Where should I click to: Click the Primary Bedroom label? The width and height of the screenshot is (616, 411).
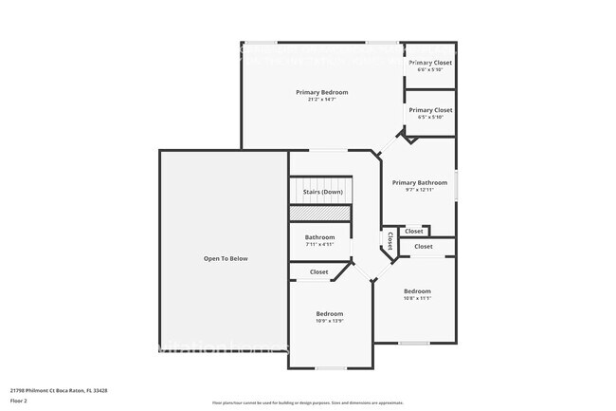pyautogui.click(x=321, y=92)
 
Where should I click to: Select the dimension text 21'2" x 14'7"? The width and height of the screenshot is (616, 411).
pyautogui.click(x=321, y=100)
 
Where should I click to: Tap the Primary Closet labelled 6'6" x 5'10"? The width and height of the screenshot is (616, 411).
pyautogui.click(x=430, y=63)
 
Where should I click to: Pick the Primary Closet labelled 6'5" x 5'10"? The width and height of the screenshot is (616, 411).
pyautogui.click(x=430, y=110)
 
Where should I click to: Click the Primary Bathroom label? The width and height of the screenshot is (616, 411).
pyautogui.click(x=419, y=182)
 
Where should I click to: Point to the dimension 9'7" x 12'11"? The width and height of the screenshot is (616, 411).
pyautogui.click(x=419, y=190)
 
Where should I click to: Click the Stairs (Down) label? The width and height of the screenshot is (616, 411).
pyautogui.click(x=322, y=193)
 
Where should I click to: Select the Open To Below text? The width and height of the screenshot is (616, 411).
pyautogui.click(x=226, y=258)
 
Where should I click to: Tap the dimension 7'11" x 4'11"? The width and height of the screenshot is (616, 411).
pyautogui.click(x=319, y=245)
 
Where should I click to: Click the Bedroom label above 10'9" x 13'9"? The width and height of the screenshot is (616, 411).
pyautogui.click(x=329, y=313)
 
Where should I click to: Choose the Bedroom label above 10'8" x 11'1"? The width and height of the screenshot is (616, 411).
pyautogui.click(x=417, y=290)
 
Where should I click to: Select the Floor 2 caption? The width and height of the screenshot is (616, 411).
pyautogui.click(x=19, y=401)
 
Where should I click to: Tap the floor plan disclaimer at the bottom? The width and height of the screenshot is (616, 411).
pyautogui.click(x=307, y=403)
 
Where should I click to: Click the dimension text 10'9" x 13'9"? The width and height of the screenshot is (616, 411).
pyautogui.click(x=329, y=321)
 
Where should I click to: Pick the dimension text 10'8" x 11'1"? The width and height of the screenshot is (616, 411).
pyautogui.click(x=417, y=298)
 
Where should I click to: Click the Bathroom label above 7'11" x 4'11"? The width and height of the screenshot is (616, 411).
pyautogui.click(x=319, y=237)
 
